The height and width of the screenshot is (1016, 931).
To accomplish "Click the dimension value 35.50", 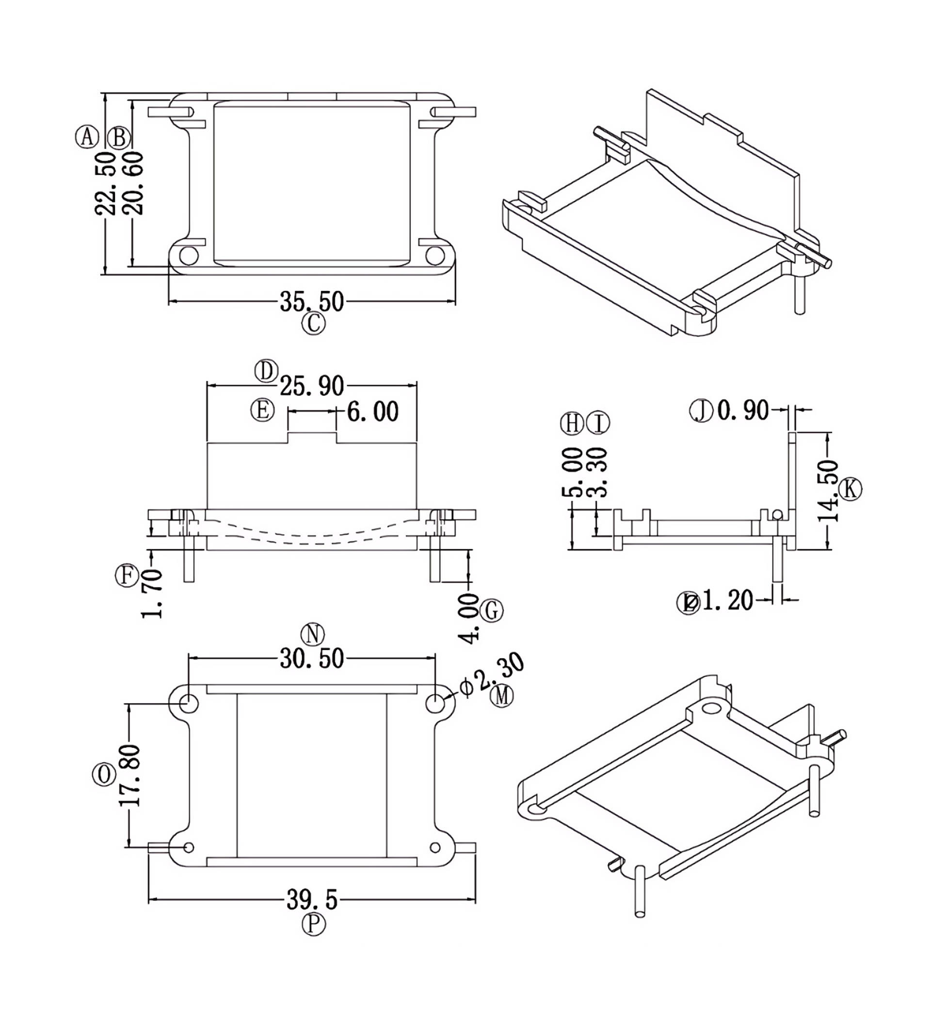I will [312, 302].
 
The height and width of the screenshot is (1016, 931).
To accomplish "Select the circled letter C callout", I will [313, 324].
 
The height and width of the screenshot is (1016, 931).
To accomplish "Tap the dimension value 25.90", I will [312, 386].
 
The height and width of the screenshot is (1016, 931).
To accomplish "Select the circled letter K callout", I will [851, 489].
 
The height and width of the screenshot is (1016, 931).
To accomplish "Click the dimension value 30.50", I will [312, 659].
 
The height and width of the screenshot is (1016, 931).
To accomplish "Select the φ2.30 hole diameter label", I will [492, 676].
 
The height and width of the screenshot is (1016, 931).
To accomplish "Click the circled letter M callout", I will [502, 696].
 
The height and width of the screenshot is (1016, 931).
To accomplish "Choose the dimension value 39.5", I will [312, 900].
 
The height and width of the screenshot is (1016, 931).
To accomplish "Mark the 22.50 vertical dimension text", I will [105, 184].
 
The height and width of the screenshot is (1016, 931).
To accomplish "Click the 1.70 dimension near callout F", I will [152, 594].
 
